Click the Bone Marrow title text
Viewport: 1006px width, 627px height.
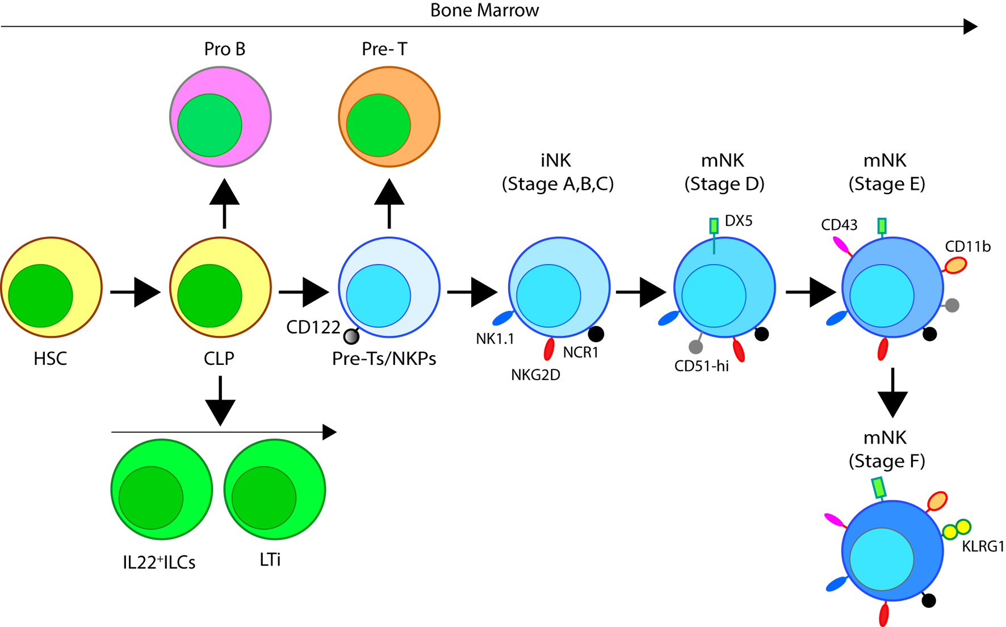(x=484, y=10)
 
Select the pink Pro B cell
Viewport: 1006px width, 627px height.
(x=220, y=116)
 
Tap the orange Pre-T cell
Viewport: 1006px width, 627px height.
(x=389, y=116)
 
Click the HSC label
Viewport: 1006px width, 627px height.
(x=50, y=359)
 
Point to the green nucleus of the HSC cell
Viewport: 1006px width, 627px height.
(x=40, y=296)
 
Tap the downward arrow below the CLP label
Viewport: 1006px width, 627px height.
(x=220, y=402)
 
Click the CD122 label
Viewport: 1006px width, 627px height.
(x=313, y=327)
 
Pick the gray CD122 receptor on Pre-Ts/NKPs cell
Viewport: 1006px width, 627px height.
(x=351, y=337)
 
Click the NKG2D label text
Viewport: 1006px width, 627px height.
(x=535, y=374)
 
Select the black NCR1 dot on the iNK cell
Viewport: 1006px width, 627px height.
(x=596, y=334)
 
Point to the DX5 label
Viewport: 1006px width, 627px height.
(x=739, y=221)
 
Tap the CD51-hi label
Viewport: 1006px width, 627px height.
(x=701, y=366)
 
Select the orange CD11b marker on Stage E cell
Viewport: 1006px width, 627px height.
(x=955, y=265)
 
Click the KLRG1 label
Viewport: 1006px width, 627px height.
(x=983, y=546)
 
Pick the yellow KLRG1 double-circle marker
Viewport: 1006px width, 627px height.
(x=957, y=529)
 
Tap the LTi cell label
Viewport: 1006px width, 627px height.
(x=270, y=560)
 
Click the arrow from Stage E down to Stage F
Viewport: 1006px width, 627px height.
(x=892, y=393)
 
